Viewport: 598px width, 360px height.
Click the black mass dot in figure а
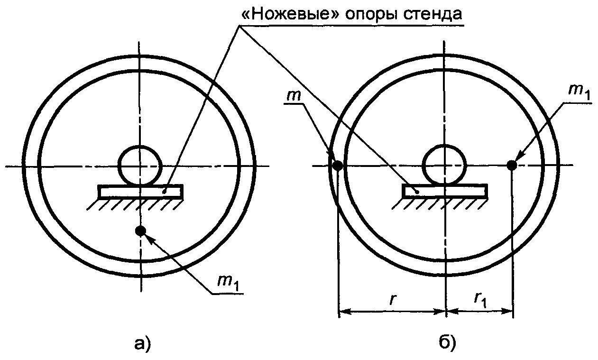pos(140,231)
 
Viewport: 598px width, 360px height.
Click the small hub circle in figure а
pos(139,166)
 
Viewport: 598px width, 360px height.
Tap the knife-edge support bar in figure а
pos(140,192)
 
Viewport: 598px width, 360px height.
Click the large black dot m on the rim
pos(337,166)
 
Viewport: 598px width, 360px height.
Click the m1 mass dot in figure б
pos(511,165)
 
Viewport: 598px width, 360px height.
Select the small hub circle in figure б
pos(444,166)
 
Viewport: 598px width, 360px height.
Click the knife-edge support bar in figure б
pos(444,191)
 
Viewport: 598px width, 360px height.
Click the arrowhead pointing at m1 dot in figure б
pos(518,157)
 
